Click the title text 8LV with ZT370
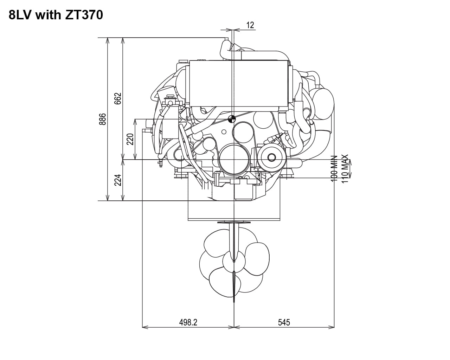point(56,15)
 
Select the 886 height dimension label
point(103,120)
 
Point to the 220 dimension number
point(130,139)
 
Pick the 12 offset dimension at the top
point(250,25)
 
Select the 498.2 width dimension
point(188,322)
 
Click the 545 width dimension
point(284,322)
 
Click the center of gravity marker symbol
point(232,119)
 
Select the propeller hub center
point(234,261)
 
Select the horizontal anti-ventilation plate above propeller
point(234,222)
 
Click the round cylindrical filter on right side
point(322,104)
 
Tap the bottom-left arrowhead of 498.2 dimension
point(144,327)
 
